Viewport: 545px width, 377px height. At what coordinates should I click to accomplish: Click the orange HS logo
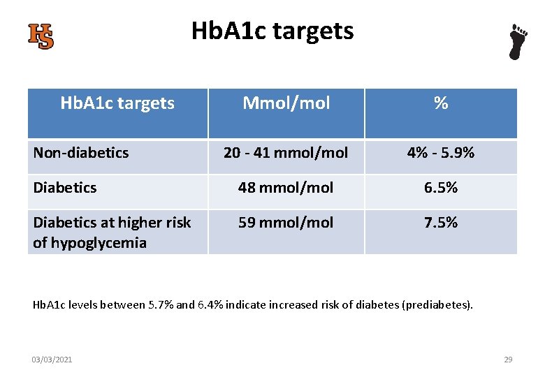pos(41,36)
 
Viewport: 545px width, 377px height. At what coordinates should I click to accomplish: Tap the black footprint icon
pos(517,42)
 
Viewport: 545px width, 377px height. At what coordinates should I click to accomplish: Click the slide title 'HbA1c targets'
pos(272,31)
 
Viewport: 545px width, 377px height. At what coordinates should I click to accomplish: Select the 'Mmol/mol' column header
pos(286,103)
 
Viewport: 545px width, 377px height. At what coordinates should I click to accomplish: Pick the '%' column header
pos(440,103)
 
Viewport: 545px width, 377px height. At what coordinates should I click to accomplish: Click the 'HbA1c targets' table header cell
pos(117,103)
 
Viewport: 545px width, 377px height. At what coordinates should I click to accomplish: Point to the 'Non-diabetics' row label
pos(81,152)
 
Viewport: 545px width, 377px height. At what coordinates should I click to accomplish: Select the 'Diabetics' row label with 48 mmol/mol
pos(65,187)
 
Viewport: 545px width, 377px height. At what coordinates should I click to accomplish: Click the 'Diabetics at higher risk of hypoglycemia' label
pos(112,232)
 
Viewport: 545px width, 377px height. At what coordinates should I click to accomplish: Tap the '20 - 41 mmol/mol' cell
pos(286,152)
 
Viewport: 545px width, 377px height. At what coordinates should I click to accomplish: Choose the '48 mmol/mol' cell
pos(286,187)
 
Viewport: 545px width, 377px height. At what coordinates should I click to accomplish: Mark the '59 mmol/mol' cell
pos(286,222)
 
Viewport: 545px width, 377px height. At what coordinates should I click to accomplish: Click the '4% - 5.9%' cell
pos(440,152)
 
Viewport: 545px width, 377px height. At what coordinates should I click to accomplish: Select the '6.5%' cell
pos(440,187)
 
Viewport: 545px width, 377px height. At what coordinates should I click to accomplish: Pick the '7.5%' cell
pos(440,222)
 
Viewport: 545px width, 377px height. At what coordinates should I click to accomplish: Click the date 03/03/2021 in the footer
pos(52,360)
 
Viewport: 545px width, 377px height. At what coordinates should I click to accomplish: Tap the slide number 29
pos(508,360)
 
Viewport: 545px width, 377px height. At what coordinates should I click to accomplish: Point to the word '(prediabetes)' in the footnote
pos(439,305)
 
